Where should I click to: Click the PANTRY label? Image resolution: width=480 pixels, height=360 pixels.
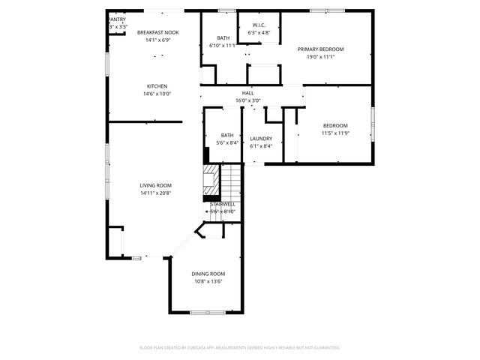pyautogui.click(x=117, y=19)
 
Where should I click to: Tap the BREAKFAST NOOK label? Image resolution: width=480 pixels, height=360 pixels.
pyautogui.click(x=157, y=33)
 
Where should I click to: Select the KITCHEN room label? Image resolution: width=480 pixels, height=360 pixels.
pyautogui.click(x=157, y=86)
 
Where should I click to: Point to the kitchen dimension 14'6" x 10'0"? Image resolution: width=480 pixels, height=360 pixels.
pyautogui.click(x=157, y=94)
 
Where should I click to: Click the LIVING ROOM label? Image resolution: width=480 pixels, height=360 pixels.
pyautogui.click(x=156, y=185)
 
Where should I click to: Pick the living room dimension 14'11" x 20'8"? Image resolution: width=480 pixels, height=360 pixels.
pyautogui.click(x=156, y=193)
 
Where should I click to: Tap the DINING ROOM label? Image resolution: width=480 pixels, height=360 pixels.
pyautogui.click(x=208, y=274)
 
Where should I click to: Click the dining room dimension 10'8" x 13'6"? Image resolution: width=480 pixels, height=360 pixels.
pyautogui.click(x=208, y=282)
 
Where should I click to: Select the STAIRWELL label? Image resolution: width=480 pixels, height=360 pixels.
pyautogui.click(x=223, y=204)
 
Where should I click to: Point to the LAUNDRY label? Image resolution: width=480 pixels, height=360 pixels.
pyautogui.click(x=261, y=138)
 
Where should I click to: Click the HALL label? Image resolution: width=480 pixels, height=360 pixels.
pyautogui.click(x=247, y=92)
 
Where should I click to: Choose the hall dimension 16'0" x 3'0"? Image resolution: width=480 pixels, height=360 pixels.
pyautogui.click(x=247, y=100)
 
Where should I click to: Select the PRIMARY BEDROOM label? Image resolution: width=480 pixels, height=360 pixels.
pyautogui.click(x=320, y=49)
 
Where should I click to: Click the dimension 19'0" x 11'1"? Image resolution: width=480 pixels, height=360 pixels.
pyautogui.click(x=320, y=57)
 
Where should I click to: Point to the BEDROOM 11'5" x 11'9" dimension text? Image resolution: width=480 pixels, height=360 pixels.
pyautogui.click(x=335, y=133)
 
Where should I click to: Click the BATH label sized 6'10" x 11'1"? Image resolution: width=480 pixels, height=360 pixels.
pyautogui.click(x=223, y=38)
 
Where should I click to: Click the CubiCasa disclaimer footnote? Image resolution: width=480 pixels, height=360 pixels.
pyautogui.click(x=240, y=348)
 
